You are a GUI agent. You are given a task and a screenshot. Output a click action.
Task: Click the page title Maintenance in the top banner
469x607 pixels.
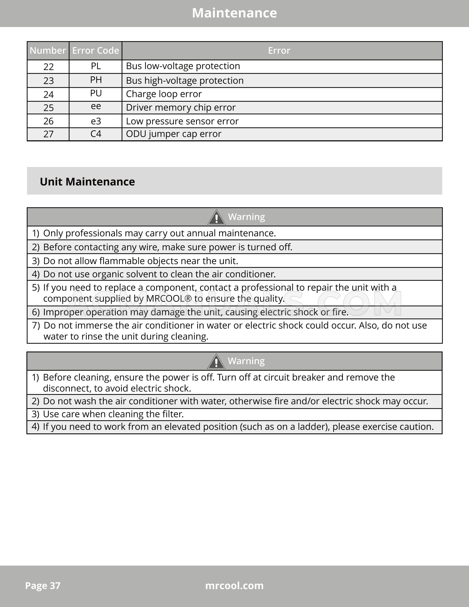coord(234,13)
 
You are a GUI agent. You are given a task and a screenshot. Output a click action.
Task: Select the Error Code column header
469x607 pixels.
coord(95,51)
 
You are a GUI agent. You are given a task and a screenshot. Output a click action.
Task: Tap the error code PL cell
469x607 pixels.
coord(96,66)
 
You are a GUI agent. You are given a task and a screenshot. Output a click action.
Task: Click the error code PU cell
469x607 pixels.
coord(96,93)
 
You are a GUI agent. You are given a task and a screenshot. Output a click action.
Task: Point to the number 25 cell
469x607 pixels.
coord(48,108)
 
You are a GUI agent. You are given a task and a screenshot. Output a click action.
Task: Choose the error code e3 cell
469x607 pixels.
coord(96,121)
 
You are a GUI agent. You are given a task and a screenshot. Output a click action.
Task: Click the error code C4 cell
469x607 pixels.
coord(96,134)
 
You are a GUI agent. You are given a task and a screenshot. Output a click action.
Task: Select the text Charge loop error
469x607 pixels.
coord(164,94)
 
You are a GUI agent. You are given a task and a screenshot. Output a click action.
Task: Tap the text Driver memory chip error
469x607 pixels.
coord(181,107)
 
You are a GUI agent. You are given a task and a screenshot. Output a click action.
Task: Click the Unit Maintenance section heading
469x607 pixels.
coord(87,182)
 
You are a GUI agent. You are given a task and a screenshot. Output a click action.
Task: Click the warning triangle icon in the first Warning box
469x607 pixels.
coord(216,217)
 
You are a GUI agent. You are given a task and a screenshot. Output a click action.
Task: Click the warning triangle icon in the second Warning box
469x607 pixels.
coord(216,362)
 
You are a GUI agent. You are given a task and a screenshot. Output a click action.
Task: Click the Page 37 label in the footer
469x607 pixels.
coord(43,585)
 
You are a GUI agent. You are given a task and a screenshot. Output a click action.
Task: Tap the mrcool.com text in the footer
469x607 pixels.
coord(234,585)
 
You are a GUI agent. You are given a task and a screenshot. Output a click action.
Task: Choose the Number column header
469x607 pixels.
coord(48,51)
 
